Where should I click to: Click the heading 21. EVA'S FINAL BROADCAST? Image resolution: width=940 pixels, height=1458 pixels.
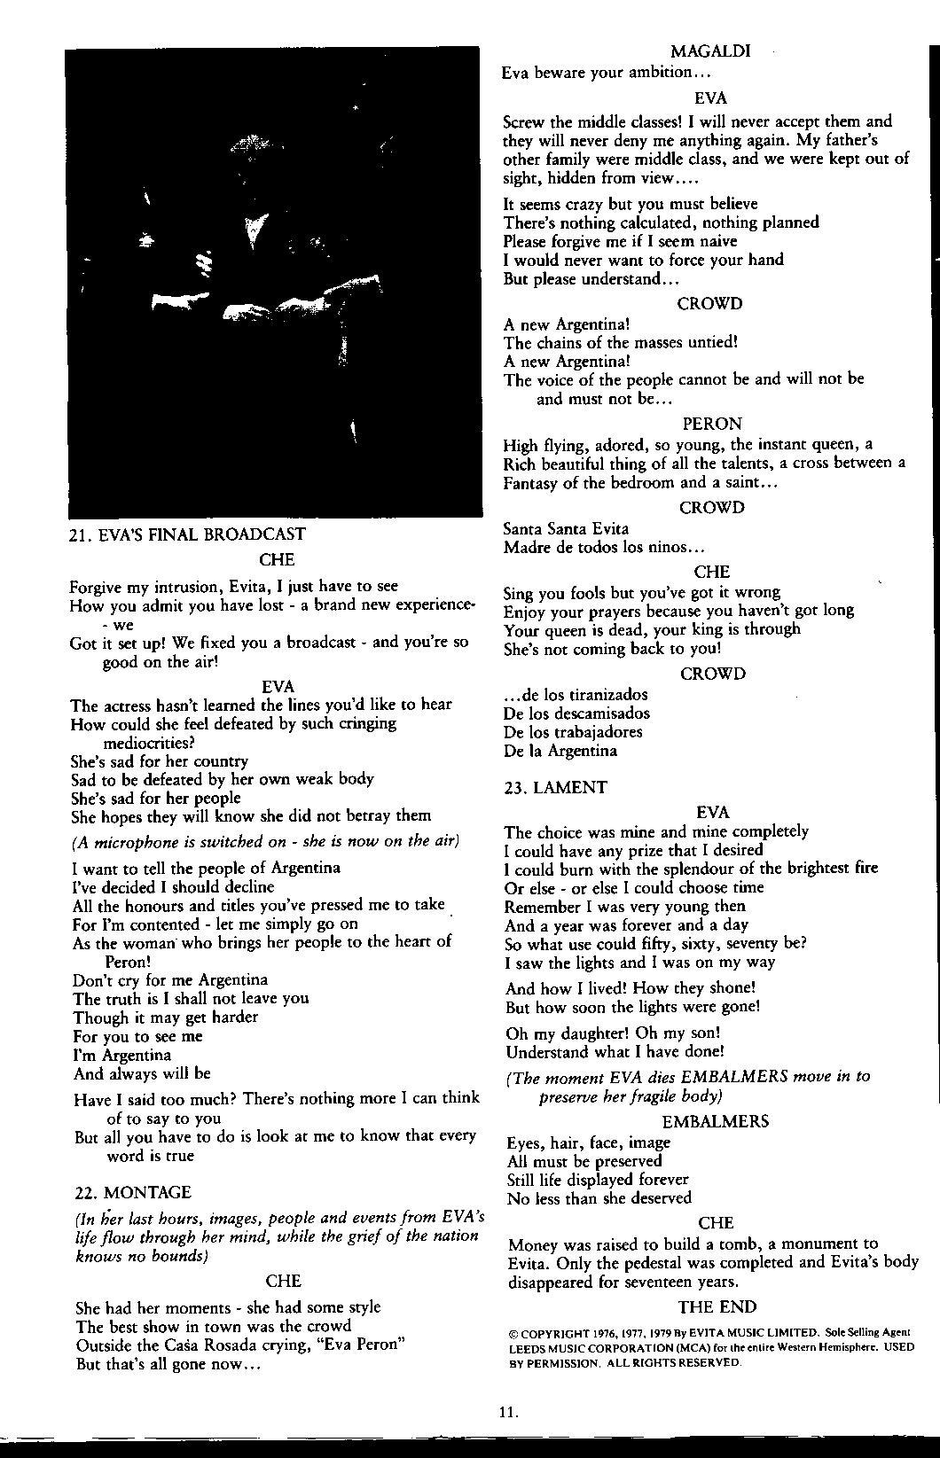pos(187,534)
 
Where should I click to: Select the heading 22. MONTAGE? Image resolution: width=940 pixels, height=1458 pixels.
pos(133,1193)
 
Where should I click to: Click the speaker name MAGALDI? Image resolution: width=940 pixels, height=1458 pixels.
pos(710,51)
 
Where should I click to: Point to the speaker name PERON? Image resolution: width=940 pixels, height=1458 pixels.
pos(712,425)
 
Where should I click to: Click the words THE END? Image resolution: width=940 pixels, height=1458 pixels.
pos(717,1307)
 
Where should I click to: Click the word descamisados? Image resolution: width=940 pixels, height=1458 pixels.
pos(602,713)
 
